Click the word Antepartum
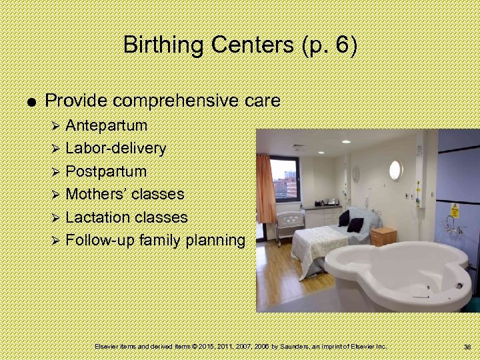point(107,125)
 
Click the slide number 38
point(467,347)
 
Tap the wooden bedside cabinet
point(383,236)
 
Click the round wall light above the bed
point(395,170)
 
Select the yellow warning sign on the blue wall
point(453,210)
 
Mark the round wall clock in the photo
point(356,174)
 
